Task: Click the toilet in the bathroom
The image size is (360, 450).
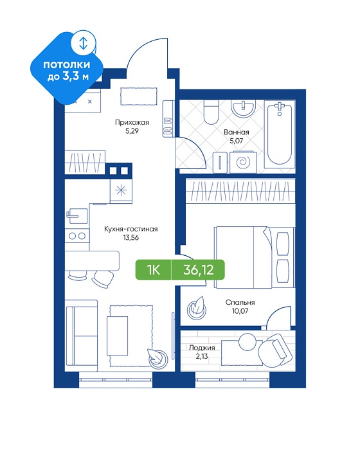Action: pos(211,112)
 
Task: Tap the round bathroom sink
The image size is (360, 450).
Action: pos(244,109)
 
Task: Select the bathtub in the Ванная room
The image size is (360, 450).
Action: pos(280,134)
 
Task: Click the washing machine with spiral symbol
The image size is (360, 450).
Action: pos(243,163)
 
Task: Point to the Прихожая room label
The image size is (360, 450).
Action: pos(132,123)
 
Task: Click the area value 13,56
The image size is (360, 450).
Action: pos(131,238)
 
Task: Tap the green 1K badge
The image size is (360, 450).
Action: pos(154,270)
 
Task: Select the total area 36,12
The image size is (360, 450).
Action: pos(199,270)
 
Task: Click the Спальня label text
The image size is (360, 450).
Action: pos(240,303)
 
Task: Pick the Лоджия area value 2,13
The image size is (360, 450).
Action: pos(201,356)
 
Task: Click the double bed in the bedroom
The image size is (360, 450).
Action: pos(255,257)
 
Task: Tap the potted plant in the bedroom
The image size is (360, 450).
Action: pos(197,308)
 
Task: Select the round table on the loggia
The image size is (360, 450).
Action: pos(247,341)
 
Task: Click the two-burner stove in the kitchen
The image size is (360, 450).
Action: pos(77,236)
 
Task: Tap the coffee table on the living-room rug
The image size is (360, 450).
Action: pos(117,336)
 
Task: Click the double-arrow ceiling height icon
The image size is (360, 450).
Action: pos(83,43)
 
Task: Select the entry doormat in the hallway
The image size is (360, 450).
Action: pos(139,96)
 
